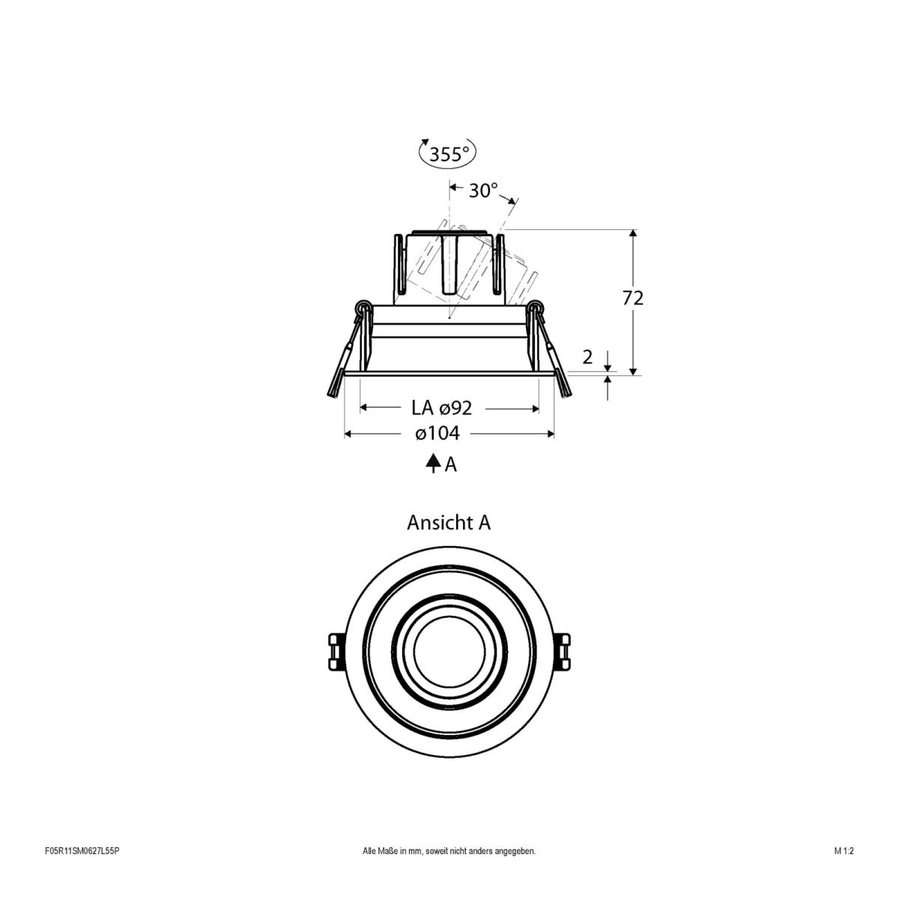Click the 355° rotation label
(x=448, y=154)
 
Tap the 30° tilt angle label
(x=483, y=191)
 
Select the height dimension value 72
(x=633, y=297)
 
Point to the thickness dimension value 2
(x=587, y=357)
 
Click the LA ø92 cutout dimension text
(x=441, y=408)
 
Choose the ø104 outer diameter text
(x=438, y=433)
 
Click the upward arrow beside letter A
(x=433, y=464)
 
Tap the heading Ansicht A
(x=449, y=522)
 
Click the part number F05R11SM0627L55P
(x=82, y=872)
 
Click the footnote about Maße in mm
(x=449, y=872)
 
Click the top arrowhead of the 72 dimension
(x=634, y=234)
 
